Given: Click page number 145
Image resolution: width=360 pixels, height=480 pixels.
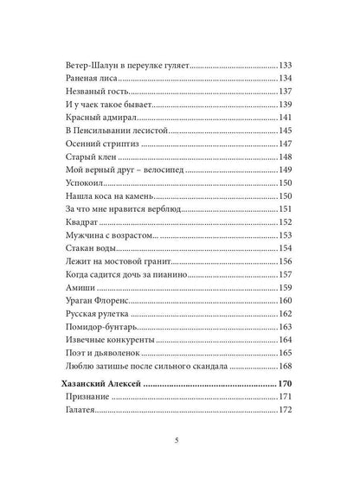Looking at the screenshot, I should click(290, 131).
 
